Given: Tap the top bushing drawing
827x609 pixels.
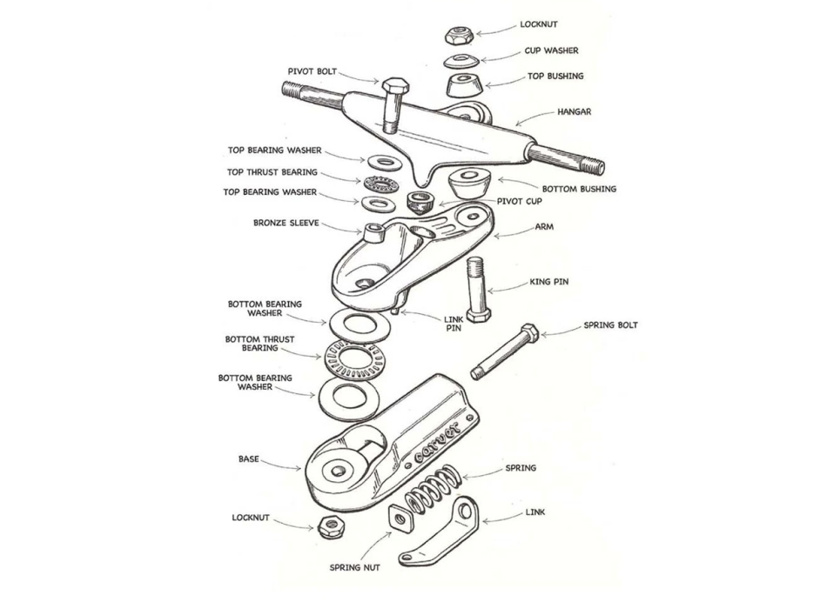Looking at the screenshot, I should pos(463,85).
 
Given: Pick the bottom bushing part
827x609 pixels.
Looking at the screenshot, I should pos(471,184).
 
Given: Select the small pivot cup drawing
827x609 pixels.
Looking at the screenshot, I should pos(420,203).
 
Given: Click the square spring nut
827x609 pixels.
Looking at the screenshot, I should pos(400,519).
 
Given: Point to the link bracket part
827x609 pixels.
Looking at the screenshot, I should pos(440,533).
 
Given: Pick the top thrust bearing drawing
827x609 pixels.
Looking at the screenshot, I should pos(380,183).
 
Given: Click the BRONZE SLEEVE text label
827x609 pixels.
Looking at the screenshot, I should pos(286,223).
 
